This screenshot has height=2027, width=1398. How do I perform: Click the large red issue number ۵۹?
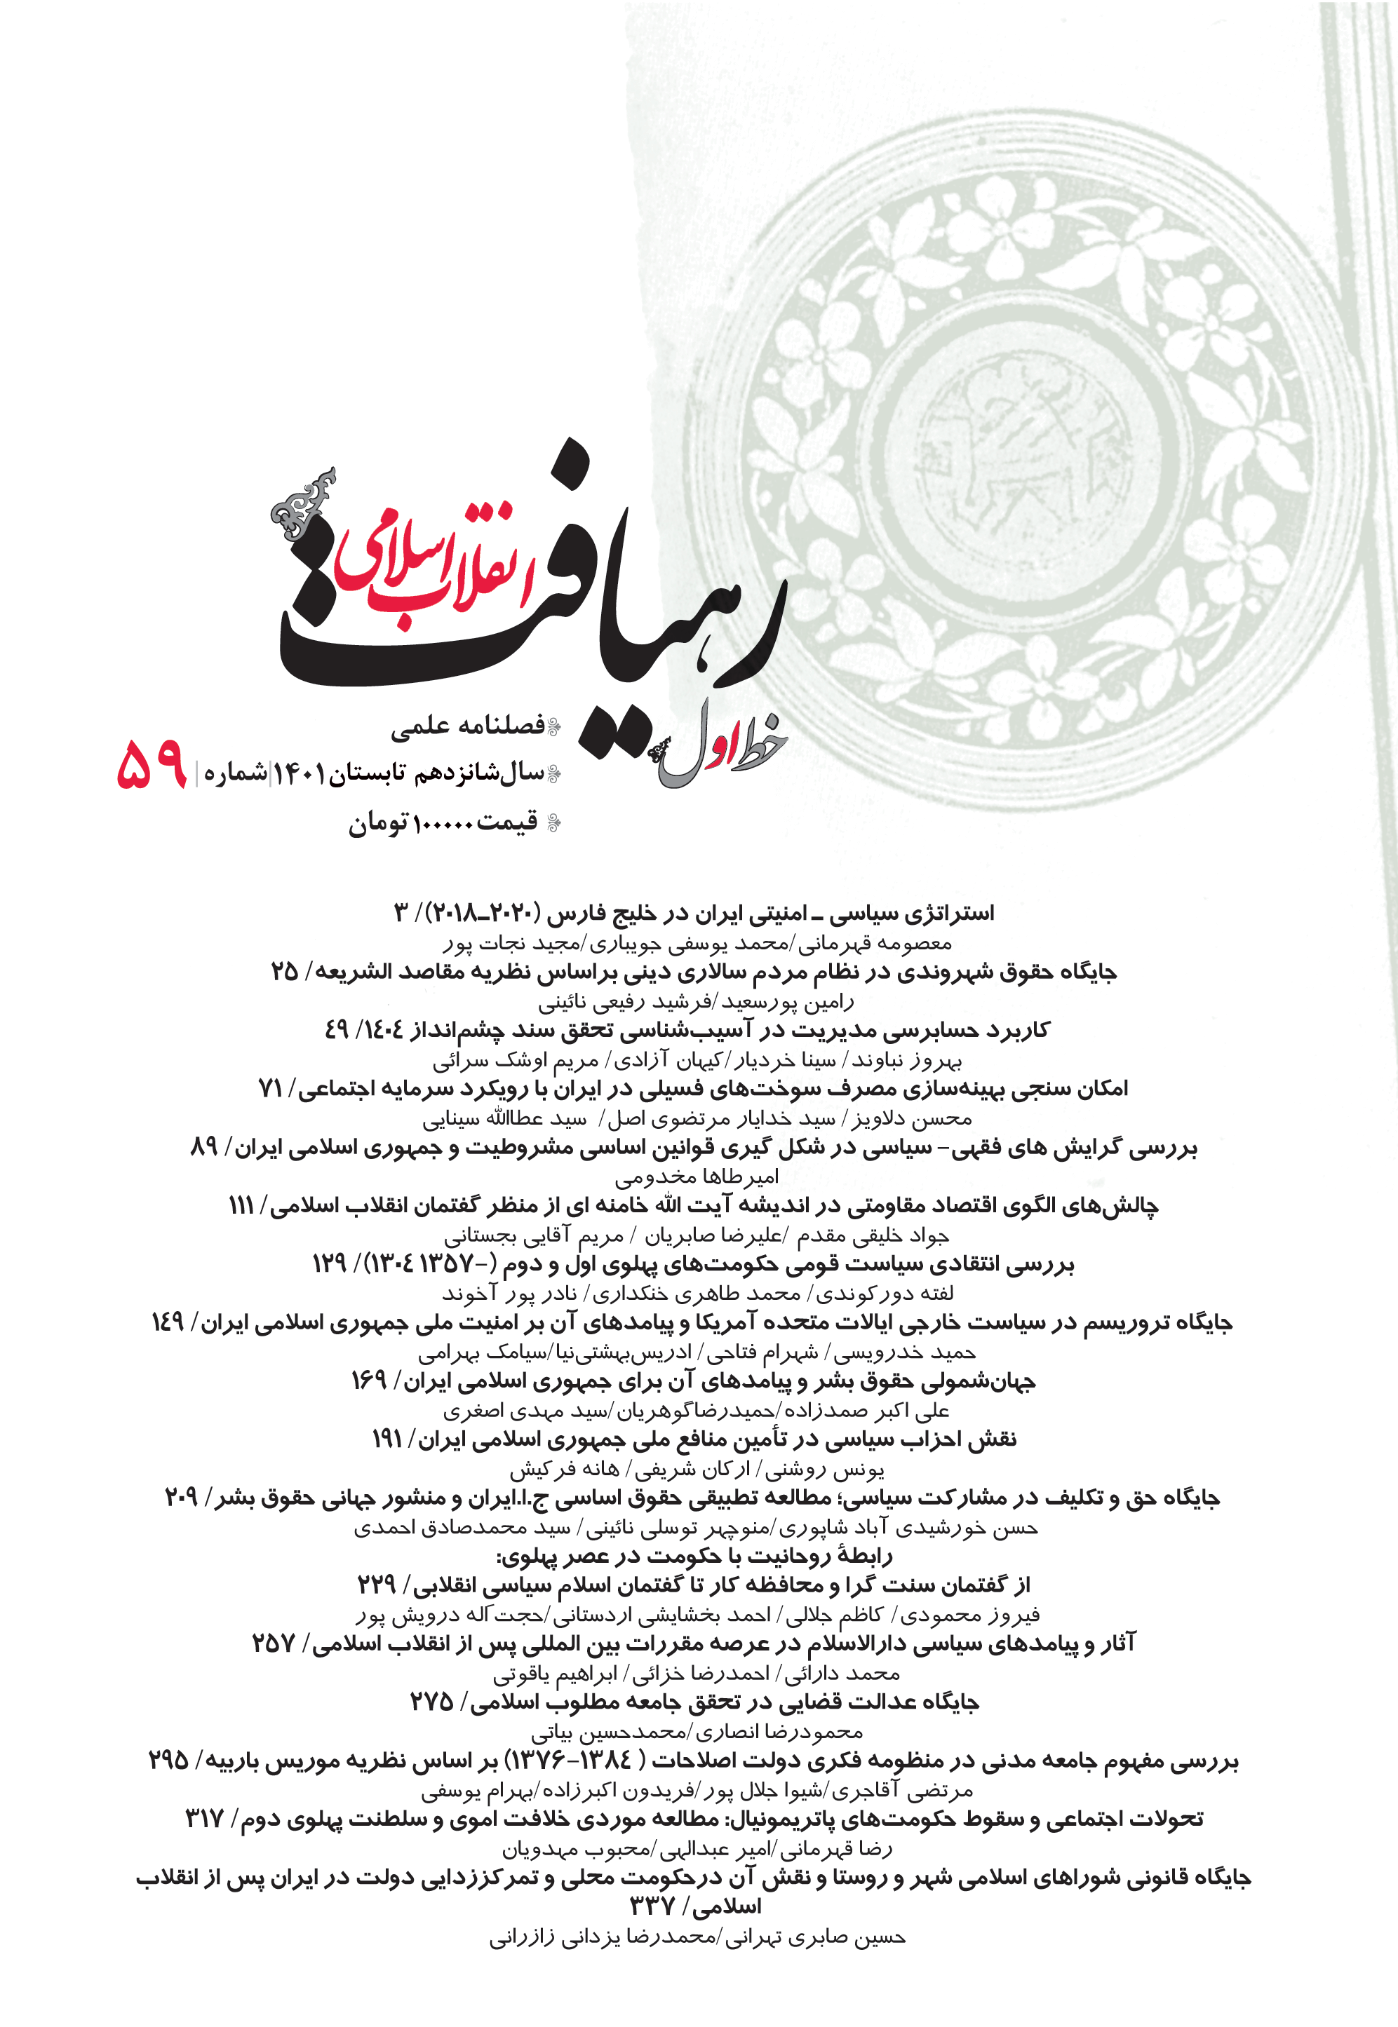coord(152,764)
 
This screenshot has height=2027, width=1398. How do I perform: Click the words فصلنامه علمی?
coord(467,726)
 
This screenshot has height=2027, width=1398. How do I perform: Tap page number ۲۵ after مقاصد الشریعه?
coord(285,972)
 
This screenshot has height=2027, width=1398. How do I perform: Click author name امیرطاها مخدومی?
coord(697,1177)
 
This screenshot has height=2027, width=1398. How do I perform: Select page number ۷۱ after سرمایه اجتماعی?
coord(270,1088)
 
